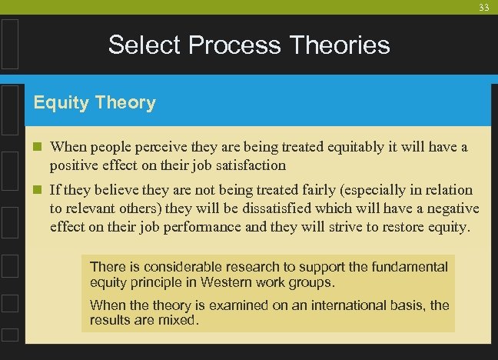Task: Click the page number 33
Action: click(x=483, y=7)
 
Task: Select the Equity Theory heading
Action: click(x=95, y=102)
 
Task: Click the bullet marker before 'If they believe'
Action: click(x=38, y=190)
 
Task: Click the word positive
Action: click(x=72, y=165)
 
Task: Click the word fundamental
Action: click(x=410, y=267)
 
